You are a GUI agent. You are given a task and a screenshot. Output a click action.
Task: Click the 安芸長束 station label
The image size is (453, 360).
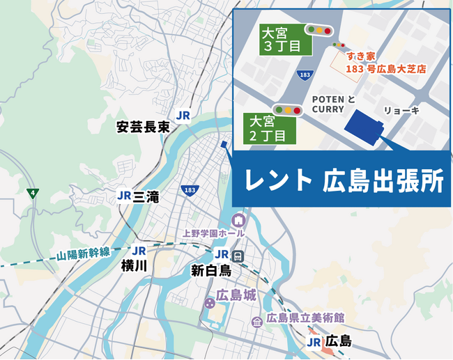pos(144,127)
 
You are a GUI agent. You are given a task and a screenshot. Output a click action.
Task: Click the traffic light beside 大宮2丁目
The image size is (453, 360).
pos(286,110)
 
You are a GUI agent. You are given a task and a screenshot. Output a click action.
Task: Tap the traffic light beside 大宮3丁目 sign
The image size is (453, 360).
pos(318,30)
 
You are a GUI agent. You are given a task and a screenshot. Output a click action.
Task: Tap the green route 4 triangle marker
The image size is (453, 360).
pos(31,192)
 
